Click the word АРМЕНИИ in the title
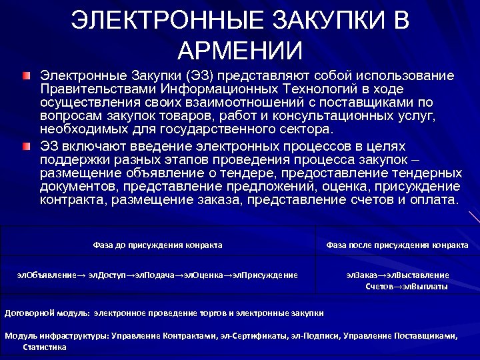pyautogui.click(x=240, y=50)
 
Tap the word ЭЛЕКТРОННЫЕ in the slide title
pyautogui.click(x=158, y=21)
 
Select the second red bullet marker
pyautogui.click(x=25, y=145)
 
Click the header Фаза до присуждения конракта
pyautogui.click(x=157, y=245)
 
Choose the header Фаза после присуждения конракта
pyautogui.click(x=397, y=245)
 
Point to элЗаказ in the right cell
pyautogui.click(x=361, y=275)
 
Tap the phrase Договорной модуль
pyautogui.click(x=47, y=312)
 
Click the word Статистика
pyautogui.click(x=45, y=347)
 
